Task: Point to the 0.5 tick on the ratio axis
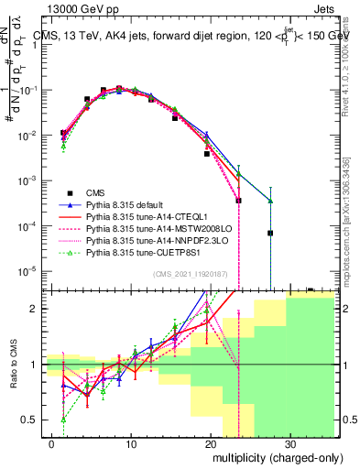pyautogui.click(x=34, y=420)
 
